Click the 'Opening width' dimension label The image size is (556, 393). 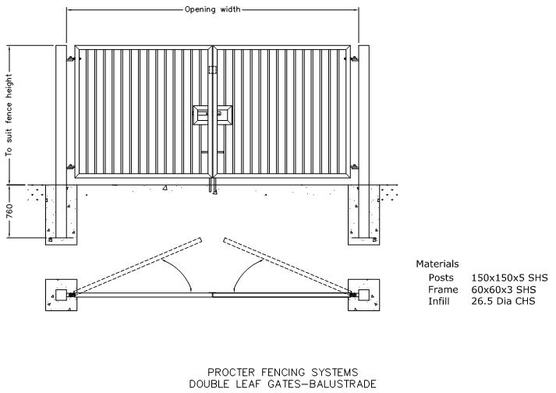coord(212,9)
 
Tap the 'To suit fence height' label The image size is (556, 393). coord(9,115)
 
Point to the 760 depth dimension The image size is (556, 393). coord(9,211)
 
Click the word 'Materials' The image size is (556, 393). coord(437,264)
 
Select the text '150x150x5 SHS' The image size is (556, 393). coord(509,278)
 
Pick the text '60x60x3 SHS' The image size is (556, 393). coord(504,289)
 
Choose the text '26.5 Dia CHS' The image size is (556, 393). coord(503,301)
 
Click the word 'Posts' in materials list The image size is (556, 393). coord(441,278)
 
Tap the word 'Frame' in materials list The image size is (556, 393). coord(443,289)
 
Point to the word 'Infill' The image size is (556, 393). coord(439,301)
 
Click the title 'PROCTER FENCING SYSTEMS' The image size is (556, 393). coord(282,373)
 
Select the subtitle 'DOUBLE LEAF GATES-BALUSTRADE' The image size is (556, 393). coord(282,384)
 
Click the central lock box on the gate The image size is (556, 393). coord(213,115)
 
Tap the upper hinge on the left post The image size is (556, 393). coord(71,58)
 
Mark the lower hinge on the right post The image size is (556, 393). coord(354,166)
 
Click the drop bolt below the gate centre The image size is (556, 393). coord(213,186)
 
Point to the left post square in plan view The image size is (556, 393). coord(62,295)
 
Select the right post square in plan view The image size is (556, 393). coord(364,295)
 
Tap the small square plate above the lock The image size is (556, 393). coord(212,69)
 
